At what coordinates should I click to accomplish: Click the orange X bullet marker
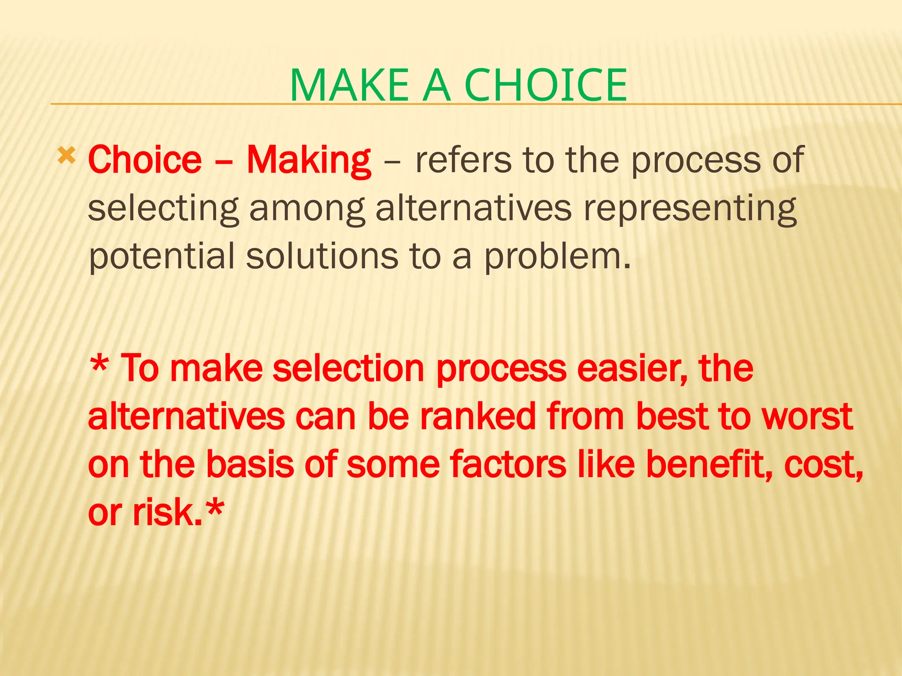67,156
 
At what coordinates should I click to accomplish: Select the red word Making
309,161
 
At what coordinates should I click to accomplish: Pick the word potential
162,257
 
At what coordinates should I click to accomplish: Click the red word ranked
478,416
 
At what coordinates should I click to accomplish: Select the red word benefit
709,464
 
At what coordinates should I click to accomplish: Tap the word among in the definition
307,209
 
